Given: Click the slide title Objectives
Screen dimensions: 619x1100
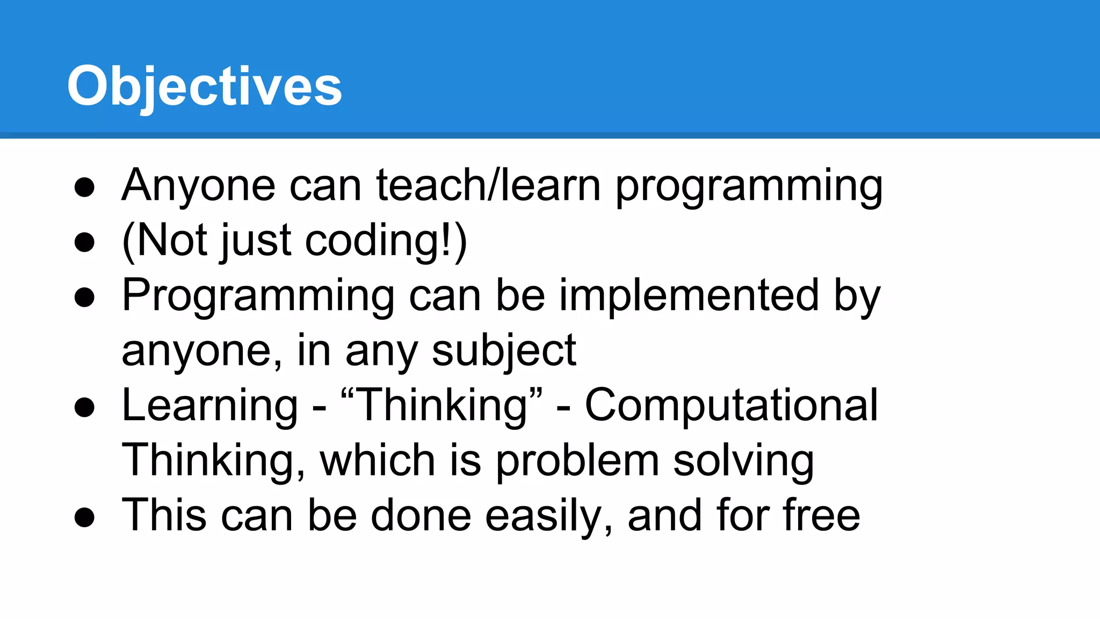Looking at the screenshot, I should tap(204, 86).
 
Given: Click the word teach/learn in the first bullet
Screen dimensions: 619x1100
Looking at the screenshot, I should tap(488, 185).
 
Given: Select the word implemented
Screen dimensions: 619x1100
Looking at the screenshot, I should tap(689, 296).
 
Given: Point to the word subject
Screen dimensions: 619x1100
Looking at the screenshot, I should tap(504, 351).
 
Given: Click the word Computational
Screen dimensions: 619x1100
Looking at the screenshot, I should tap(731, 405).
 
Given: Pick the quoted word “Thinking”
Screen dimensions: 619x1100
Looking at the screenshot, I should tap(442, 405).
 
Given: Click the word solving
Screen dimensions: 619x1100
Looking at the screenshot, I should tap(743, 461).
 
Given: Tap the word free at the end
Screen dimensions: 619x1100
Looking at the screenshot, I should tap(821, 515).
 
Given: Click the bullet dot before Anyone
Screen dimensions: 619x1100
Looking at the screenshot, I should tap(85, 188).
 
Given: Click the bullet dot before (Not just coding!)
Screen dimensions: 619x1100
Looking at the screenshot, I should tap(85, 242).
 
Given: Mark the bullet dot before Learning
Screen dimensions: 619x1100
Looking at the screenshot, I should tap(85, 407).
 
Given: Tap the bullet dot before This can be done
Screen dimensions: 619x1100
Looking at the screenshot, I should tap(85, 517).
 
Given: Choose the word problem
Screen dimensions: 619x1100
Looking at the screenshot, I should tap(577, 461).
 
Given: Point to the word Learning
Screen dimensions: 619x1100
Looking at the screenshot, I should tap(210, 406).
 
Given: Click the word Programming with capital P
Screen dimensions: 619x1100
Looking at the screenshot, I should tap(258, 297).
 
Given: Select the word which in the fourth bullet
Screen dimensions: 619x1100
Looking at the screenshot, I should tap(377, 461).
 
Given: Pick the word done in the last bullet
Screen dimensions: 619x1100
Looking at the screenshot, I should tap(421, 515).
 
